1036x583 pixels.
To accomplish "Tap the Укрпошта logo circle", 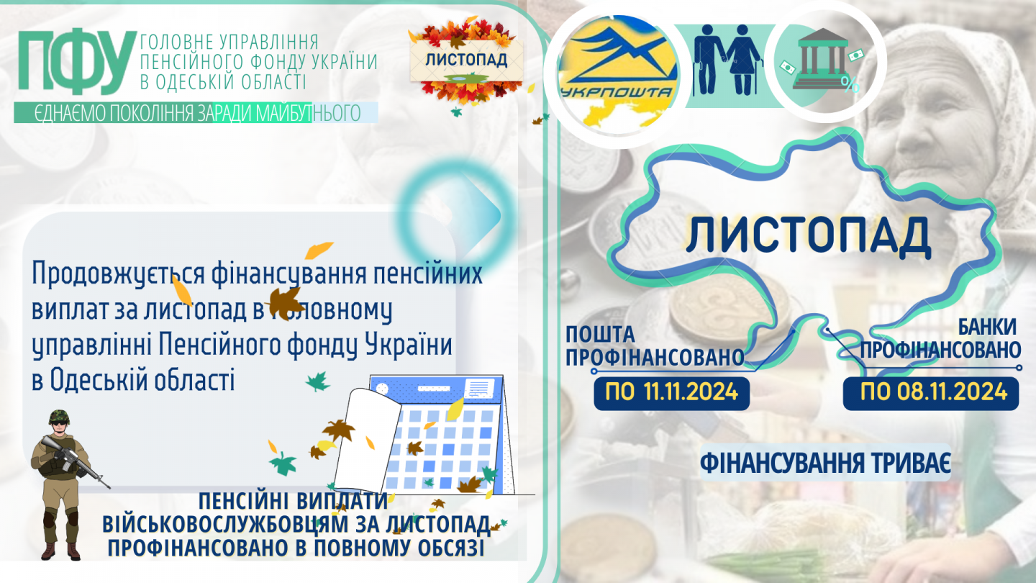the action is click(x=618, y=74).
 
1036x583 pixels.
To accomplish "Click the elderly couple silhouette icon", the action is click(x=727, y=60).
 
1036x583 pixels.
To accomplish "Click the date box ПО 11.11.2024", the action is click(x=671, y=393).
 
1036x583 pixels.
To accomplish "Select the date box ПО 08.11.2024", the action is click(x=931, y=393).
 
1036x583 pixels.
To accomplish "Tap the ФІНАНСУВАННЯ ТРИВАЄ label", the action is click(x=826, y=462).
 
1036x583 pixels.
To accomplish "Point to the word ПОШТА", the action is click(x=600, y=335).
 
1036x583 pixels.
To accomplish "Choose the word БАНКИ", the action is click(x=986, y=327).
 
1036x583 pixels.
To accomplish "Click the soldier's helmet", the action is click(x=59, y=417).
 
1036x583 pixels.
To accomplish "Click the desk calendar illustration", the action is click(x=425, y=435).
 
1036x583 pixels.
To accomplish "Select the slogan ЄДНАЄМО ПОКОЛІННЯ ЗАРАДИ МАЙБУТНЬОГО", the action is click(x=197, y=113).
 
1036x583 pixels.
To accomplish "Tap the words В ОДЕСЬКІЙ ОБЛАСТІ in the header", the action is click(x=223, y=81).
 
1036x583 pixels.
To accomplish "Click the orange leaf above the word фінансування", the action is click(x=319, y=250).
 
